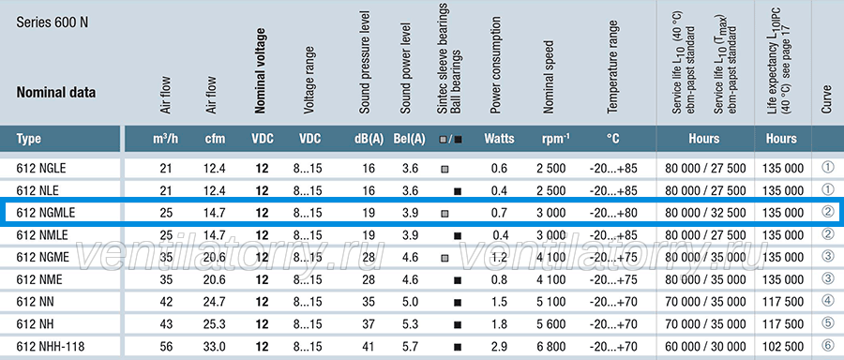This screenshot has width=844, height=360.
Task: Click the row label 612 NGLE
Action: [x=41, y=169]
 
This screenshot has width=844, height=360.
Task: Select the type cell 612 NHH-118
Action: [x=51, y=347]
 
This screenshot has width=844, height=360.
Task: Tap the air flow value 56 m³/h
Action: [x=165, y=347]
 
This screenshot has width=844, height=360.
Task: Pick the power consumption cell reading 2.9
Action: [x=499, y=347]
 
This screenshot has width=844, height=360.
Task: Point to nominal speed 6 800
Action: [x=551, y=347]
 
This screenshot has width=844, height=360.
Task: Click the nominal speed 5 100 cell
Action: [x=551, y=303]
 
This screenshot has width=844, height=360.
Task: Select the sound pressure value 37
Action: [x=369, y=325]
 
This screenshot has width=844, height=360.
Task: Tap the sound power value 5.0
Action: [x=410, y=303]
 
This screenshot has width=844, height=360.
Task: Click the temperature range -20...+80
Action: [x=613, y=213]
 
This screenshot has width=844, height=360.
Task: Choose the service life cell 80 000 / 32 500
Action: [x=705, y=213]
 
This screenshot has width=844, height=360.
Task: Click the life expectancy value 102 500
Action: [x=783, y=347]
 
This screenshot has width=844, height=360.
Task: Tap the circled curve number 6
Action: [x=828, y=346]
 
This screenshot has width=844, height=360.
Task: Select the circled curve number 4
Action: [x=828, y=301]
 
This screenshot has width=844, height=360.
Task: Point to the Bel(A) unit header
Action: [x=410, y=139]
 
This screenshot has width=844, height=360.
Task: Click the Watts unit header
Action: [x=499, y=139]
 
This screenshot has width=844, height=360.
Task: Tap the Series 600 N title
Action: [x=53, y=22]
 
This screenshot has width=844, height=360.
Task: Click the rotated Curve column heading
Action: [x=827, y=98]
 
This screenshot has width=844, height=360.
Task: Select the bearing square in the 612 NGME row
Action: [x=445, y=258]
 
